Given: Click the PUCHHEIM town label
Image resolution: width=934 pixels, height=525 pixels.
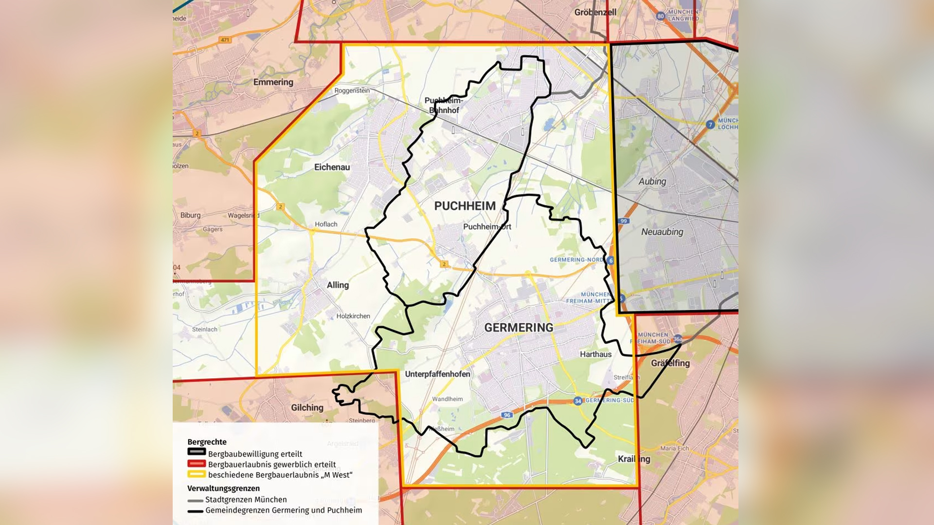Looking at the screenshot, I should tap(465, 206).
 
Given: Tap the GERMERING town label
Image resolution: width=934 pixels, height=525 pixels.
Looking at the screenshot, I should tap(519, 328).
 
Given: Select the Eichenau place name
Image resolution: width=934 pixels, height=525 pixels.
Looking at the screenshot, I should tap(332, 167).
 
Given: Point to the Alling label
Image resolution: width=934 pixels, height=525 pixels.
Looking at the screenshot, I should tap(338, 285).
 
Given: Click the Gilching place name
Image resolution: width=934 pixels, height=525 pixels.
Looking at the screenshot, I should tap(307, 407).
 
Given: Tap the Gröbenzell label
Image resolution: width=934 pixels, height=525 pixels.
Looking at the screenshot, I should tap(595, 12).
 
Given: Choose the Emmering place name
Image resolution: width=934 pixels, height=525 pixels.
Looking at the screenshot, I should tap(273, 82).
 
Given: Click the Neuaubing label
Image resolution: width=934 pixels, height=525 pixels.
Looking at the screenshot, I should tap(662, 232).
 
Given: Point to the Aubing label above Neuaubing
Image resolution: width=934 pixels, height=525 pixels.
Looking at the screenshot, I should tap(652, 181).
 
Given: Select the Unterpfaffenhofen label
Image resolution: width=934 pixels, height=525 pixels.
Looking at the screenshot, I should tap(437, 374).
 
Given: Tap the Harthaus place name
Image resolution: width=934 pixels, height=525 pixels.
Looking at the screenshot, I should tap(595, 354).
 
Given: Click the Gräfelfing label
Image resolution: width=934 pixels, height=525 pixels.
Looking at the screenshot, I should tap(670, 363).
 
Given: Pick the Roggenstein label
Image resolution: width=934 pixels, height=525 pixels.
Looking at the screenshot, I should tap(352, 90).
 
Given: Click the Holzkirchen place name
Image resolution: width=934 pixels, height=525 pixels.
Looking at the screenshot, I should tap(353, 316).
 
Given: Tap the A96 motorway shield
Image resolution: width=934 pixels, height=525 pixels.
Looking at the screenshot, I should tap(507, 415).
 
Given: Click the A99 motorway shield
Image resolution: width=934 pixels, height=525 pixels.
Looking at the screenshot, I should tap(624, 221).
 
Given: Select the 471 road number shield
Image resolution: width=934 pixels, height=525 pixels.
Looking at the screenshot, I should tap(225, 40).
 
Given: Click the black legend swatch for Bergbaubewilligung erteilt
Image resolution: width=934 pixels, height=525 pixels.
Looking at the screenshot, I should tap(197, 452).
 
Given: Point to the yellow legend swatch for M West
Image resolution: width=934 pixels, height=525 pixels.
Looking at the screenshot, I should tap(197, 474).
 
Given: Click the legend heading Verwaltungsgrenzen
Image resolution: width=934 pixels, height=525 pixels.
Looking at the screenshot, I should tap(223, 488).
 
